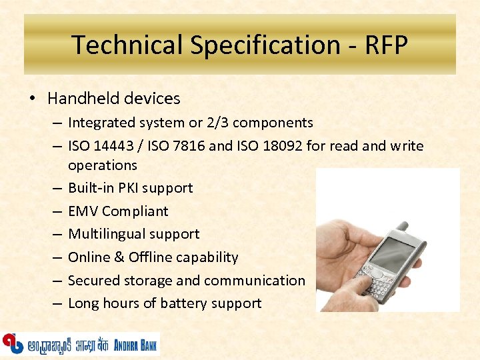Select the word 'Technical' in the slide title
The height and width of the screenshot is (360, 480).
127,45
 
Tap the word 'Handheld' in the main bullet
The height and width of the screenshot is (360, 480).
79,99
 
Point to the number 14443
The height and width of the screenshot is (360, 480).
113,145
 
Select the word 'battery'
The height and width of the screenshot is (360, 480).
183,303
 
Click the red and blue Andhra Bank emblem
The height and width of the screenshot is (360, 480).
11,343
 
